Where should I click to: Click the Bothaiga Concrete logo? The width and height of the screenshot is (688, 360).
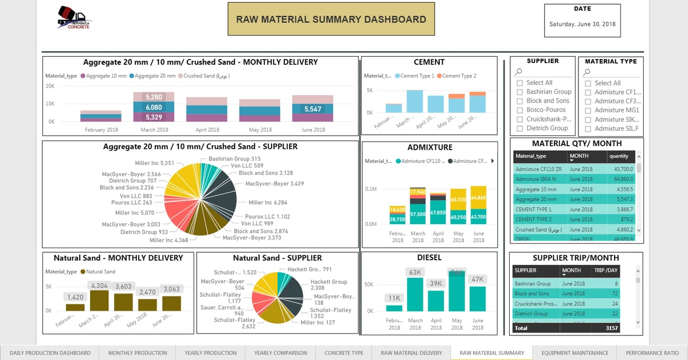tap(75, 18)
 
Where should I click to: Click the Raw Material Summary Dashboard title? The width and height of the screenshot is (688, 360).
tap(331, 19)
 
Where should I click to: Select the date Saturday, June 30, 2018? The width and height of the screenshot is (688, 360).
tap(582, 25)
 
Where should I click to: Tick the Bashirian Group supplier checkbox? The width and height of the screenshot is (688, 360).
tap(519, 92)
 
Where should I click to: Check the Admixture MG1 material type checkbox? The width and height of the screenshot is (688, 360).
tap(588, 110)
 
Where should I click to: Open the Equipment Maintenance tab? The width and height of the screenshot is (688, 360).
tap(574, 353)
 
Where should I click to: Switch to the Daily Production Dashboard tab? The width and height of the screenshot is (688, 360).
tap(50, 353)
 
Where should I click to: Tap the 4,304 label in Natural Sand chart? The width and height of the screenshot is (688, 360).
tap(99, 285)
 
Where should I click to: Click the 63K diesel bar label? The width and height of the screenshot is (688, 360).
tap(416, 272)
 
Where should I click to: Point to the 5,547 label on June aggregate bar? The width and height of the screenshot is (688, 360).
tap(312, 109)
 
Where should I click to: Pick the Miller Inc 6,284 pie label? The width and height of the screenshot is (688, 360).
tap(268, 203)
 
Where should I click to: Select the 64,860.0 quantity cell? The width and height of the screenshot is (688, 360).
tap(621, 179)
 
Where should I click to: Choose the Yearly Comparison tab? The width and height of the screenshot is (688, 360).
tap(280, 353)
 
